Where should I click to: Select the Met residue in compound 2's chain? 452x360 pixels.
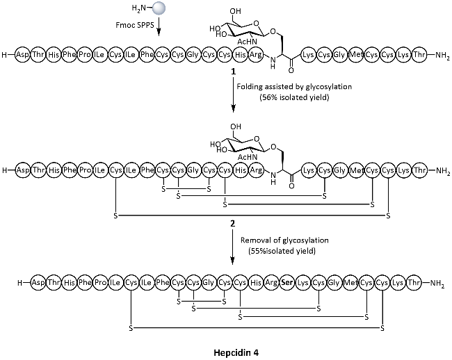[355, 170]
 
